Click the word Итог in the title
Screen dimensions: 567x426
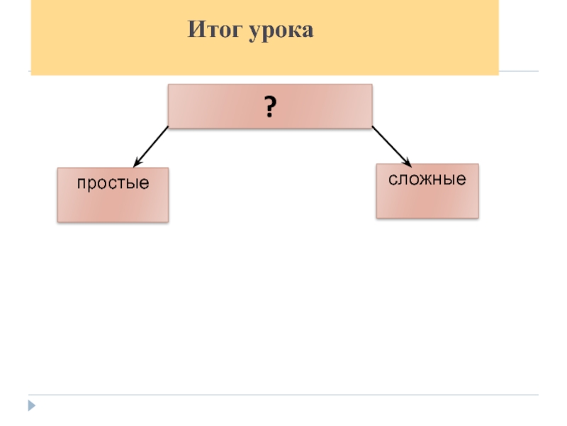coord(215,31)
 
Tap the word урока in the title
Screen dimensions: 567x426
coord(281,32)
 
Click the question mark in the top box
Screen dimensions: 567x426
coord(269,108)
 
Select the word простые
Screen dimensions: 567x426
coord(113,183)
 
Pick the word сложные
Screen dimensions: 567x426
coord(427,180)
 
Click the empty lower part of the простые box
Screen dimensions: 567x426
coord(113,207)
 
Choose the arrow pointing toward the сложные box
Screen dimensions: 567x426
coord(391,146)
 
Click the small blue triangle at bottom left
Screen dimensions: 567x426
coord(31,406)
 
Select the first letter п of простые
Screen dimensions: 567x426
coord(82,184)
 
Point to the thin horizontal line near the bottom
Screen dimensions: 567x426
coord(283,395)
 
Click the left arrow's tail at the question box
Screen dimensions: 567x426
coord(167,129)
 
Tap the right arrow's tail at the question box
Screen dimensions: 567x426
coord(374,129)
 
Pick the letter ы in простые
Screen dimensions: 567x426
coord(132,184)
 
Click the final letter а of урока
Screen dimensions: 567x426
coord(307,32)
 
